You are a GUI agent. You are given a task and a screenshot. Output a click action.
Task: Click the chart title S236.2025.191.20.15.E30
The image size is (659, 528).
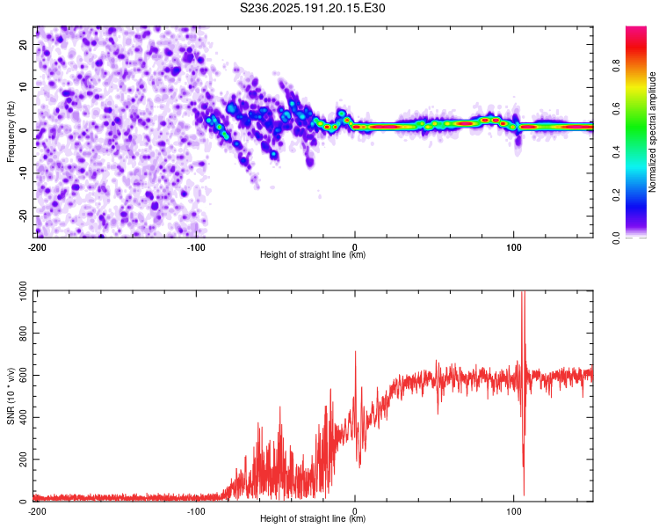pos(312,8)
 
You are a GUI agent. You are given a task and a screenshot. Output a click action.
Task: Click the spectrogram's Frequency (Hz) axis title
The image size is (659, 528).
pos(11,132)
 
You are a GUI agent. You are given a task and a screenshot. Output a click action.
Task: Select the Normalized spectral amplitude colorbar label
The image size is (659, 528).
pos(652,132)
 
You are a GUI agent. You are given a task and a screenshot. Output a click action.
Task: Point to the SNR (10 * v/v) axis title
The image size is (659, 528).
pos(11,396)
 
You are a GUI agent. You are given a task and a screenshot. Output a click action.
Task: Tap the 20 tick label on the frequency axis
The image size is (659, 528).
pos(24,44)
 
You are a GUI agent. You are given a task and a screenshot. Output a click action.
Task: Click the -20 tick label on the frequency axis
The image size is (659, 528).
pos(24,217)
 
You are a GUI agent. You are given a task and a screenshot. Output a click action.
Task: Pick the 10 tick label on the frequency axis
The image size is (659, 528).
pos(24,87)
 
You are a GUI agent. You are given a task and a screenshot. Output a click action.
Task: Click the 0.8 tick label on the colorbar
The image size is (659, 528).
pos(616,66)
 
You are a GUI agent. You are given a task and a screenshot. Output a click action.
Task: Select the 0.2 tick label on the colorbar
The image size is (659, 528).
pos(616,195)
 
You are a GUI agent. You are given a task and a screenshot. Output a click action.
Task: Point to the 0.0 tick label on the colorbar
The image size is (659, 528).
pos(616,238)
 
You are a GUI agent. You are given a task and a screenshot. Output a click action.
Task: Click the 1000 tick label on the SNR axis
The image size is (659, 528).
pos(24,291)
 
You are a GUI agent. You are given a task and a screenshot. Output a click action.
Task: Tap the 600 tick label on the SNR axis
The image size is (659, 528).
pos(24,375)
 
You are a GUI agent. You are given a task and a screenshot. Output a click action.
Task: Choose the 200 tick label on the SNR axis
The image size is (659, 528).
pos(24,459)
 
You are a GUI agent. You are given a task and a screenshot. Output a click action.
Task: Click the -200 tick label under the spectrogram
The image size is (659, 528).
pos(37,247)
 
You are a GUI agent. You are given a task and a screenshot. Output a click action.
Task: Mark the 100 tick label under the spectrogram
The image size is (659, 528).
pos(514,247)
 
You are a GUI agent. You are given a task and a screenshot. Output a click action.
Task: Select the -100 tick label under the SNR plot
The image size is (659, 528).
pos(196,511)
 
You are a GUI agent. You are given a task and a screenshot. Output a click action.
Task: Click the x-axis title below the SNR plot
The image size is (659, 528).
pos(313,518)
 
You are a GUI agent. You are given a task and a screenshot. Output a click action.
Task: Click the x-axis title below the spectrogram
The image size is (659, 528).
pos(313,254)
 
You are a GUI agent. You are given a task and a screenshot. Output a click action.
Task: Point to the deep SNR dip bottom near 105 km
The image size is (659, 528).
pos(524,495)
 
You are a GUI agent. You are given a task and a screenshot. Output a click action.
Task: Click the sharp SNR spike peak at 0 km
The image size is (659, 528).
pos(356,352)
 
